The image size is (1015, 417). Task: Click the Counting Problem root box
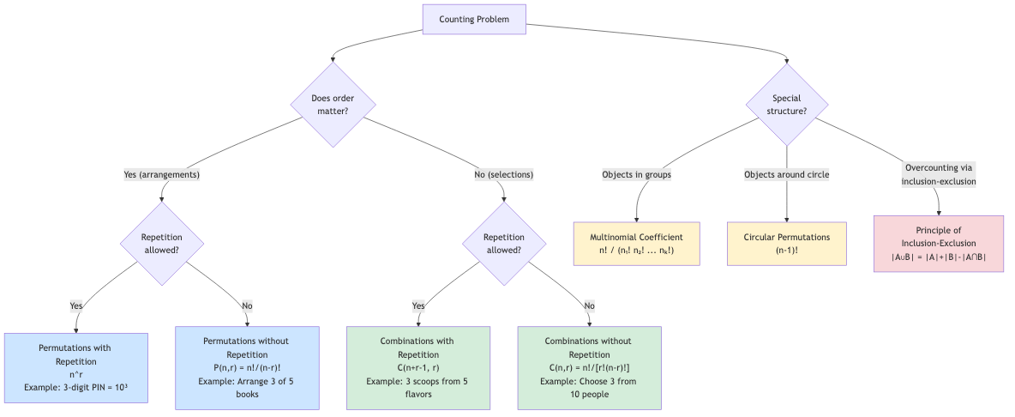(473, 19)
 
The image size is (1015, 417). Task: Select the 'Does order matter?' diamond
(333, 105)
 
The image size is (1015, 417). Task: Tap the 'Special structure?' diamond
(786, 105)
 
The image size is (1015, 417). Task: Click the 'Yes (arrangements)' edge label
(162, 174)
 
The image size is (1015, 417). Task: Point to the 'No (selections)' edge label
(503, 174)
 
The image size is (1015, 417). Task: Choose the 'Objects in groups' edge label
(636, 174)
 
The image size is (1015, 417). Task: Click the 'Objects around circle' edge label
(786, 174)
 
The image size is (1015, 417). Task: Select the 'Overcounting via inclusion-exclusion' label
(939, 174)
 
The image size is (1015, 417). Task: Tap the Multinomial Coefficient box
(636, 243)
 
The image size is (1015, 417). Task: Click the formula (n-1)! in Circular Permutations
(786, 251)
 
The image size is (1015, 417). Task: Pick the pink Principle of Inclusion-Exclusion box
(939, 243)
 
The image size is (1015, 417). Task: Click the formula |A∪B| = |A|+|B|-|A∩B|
(939, 257)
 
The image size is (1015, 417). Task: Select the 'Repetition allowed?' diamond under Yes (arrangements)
(162, 244)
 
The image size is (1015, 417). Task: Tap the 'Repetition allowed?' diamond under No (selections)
(503, 244)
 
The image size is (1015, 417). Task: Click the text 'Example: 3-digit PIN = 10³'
(76, 388)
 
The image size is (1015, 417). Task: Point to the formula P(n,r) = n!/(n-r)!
(247, 368)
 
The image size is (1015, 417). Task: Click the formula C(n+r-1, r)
(417, 368)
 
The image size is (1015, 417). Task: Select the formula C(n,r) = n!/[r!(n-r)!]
(589, 368)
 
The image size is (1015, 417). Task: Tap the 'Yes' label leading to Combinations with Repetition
(418, 305)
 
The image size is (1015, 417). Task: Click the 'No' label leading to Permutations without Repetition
(247, 305)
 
